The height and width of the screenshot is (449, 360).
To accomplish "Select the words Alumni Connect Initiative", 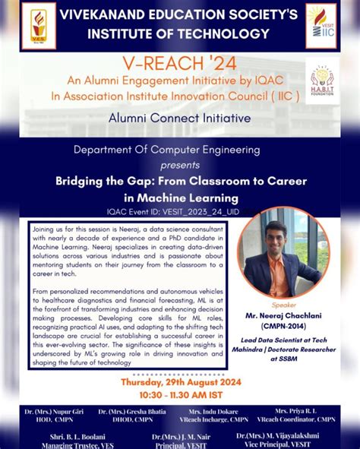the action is point(179,118).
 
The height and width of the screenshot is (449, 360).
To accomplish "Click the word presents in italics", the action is point(180,164).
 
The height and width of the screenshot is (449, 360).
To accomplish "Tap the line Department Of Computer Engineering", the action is point(179,149).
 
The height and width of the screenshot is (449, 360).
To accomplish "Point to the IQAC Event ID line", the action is point(179,212).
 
